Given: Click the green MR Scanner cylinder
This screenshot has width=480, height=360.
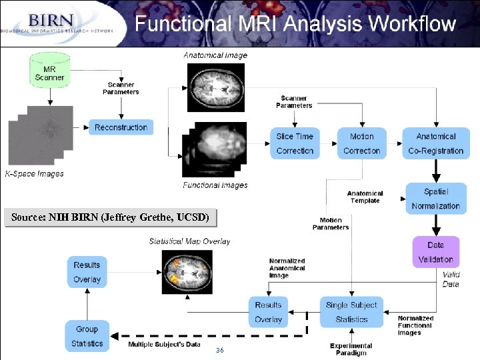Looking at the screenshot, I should [x=49, y=71].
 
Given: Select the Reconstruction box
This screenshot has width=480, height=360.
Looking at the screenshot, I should [x=121, y=127].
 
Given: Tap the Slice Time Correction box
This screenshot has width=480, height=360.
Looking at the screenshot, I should [x=295, y=143].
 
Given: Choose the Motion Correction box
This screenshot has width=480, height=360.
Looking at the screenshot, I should [x=361, y=143].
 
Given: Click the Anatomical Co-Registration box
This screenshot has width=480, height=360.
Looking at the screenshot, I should [x=435, y=143].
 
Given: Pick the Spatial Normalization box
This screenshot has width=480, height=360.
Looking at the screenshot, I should [x=435, y=199].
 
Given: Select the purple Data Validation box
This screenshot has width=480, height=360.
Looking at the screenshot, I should [x=435, y=252].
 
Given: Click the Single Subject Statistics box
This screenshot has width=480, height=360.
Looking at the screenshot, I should [x=351, y=312].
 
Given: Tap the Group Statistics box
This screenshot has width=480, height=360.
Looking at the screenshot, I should [x=87, y=336].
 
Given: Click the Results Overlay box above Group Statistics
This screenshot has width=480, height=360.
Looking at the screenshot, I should [x=87, y=272].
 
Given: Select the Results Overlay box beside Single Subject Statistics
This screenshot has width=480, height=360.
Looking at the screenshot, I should [x=268, y=312].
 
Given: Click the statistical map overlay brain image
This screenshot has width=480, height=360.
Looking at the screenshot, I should [x=187, y=271].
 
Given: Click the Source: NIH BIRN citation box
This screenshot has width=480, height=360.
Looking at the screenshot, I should [x=110, y=217].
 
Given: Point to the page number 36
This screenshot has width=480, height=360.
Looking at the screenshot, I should [x=219, y=351].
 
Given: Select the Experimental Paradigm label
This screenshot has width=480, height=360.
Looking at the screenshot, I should [x=351, y=349].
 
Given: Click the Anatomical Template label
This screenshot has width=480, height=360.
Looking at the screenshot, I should [x=365, y=197].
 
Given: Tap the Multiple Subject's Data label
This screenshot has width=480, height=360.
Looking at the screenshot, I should [x=164, y=344].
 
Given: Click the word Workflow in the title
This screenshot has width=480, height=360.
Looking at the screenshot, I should [x=412, y=24].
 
